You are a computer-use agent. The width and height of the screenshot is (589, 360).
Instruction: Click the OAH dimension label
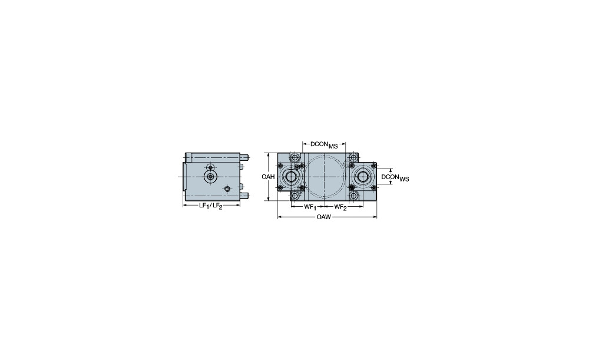coord(268,177)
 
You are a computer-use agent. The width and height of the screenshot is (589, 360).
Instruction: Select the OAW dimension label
coord(324,217)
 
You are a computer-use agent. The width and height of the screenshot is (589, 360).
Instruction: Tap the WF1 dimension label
coord(310,207)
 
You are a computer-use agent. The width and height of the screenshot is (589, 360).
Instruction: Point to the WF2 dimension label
coord(340,207)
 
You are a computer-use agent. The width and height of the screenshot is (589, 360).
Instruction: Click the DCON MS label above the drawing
coord(324,145)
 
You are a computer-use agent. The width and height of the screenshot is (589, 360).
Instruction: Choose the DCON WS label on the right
coord(395,177)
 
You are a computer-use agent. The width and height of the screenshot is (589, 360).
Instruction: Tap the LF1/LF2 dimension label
coord(211,206)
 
